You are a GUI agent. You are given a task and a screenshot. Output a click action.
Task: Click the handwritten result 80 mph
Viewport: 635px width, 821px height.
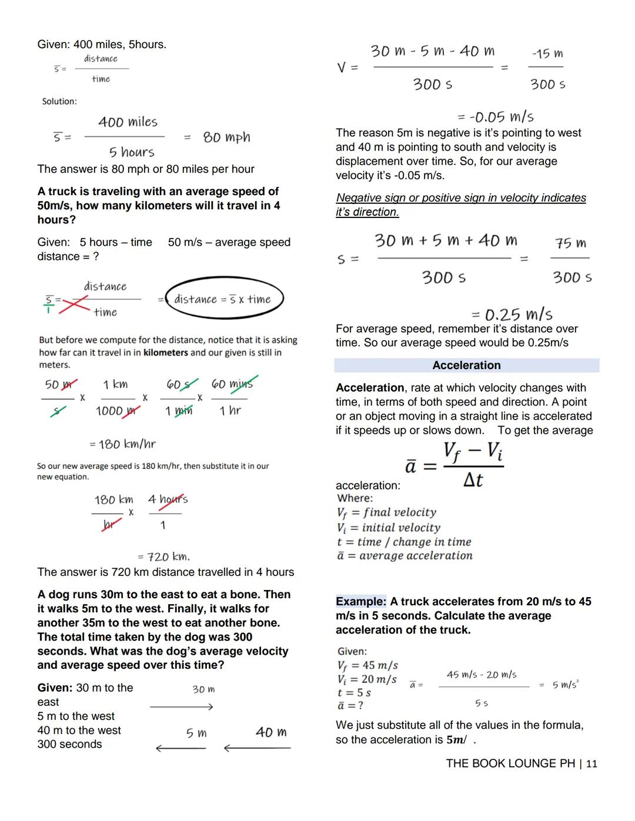point(226,138)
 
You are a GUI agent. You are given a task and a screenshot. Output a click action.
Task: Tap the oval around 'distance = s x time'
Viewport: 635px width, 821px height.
point(224,299)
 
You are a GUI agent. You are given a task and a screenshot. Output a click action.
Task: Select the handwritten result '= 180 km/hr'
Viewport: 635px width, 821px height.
point(122,444)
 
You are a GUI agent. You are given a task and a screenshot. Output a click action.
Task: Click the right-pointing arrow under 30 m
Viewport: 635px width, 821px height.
point(181,707)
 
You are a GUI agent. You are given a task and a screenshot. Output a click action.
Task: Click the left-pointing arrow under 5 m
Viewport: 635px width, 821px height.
point(181,748)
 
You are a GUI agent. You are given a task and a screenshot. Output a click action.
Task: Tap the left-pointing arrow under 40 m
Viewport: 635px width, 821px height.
point(257,748)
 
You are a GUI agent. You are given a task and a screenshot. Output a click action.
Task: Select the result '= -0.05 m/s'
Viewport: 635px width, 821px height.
point(496,116)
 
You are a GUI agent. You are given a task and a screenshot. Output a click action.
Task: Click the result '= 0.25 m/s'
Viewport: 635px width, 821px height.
point(512,314)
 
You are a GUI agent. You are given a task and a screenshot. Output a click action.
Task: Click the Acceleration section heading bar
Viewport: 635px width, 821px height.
point(466,365)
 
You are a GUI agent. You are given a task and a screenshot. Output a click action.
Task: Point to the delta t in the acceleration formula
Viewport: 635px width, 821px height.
point(473,480)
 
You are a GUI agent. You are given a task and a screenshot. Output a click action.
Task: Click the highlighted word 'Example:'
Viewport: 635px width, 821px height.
point(361,601)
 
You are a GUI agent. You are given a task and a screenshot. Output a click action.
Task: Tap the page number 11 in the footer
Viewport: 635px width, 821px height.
point(591,763)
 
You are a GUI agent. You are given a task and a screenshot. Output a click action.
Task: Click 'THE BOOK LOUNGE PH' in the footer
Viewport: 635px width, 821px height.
point(510,763)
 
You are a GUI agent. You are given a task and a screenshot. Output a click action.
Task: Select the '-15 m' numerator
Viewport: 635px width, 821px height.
point(547,54)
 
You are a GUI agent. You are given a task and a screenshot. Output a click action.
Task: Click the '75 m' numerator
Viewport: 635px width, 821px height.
point(570,243)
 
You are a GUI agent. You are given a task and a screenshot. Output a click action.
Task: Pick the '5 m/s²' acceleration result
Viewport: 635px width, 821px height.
point(565,685)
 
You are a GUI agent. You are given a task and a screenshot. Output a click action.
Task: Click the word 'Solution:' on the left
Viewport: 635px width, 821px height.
point(59,101)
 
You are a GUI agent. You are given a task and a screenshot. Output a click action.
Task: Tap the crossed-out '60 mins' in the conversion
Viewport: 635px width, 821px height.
point(232,384)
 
